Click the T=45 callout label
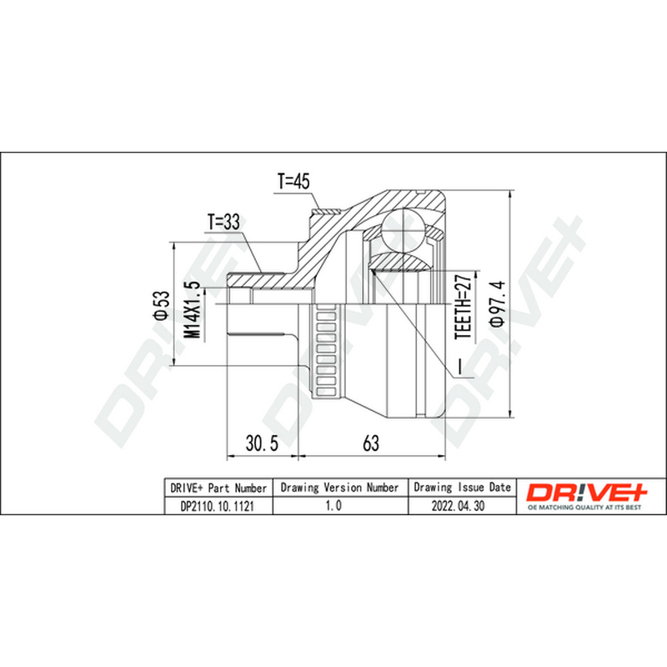293,181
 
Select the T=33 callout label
223,222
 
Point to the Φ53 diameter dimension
162,305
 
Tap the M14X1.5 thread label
192,309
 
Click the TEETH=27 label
464,306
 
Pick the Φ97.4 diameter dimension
497,303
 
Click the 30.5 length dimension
262,443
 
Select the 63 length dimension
370,443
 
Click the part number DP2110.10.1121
218,506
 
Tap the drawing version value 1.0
333,505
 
